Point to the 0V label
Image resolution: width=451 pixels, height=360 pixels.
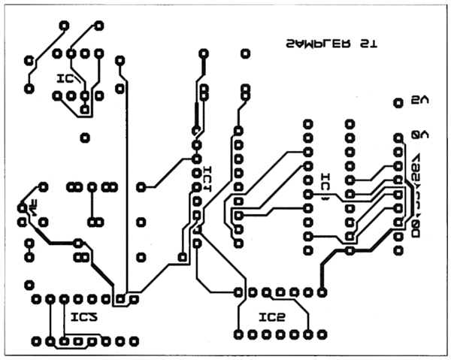(x=420, y=135)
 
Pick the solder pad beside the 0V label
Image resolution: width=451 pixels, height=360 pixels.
(x=398, y=137)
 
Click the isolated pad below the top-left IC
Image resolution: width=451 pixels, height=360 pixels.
(x=85, y=138)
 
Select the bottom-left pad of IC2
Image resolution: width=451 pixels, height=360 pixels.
(x=238, y=333)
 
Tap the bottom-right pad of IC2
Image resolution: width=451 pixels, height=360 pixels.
(x=323, y=333)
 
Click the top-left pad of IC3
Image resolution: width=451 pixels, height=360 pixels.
(x=36, y=299)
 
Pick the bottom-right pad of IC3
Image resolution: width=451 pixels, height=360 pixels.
(x=135, y=341)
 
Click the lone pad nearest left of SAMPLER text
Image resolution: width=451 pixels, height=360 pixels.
(x=245, y=54)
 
